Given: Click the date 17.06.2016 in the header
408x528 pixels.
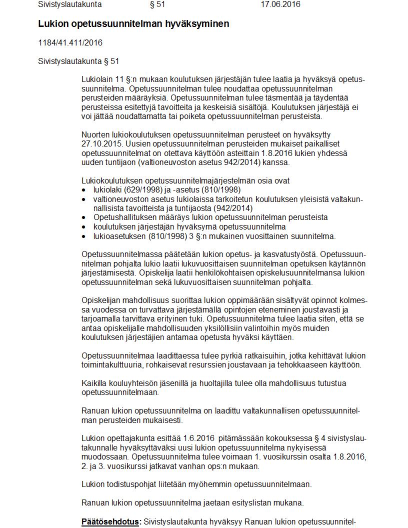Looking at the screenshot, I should click(x=280, y=4).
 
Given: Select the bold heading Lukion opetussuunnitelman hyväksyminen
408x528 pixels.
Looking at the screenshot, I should click(x=133, y=24).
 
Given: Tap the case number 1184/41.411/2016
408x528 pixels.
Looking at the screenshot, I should click(x=70, y=42).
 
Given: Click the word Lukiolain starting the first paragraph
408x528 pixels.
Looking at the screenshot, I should click(x=97, y=80).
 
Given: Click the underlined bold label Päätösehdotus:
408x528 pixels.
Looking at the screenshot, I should click(x=111, y=521).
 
